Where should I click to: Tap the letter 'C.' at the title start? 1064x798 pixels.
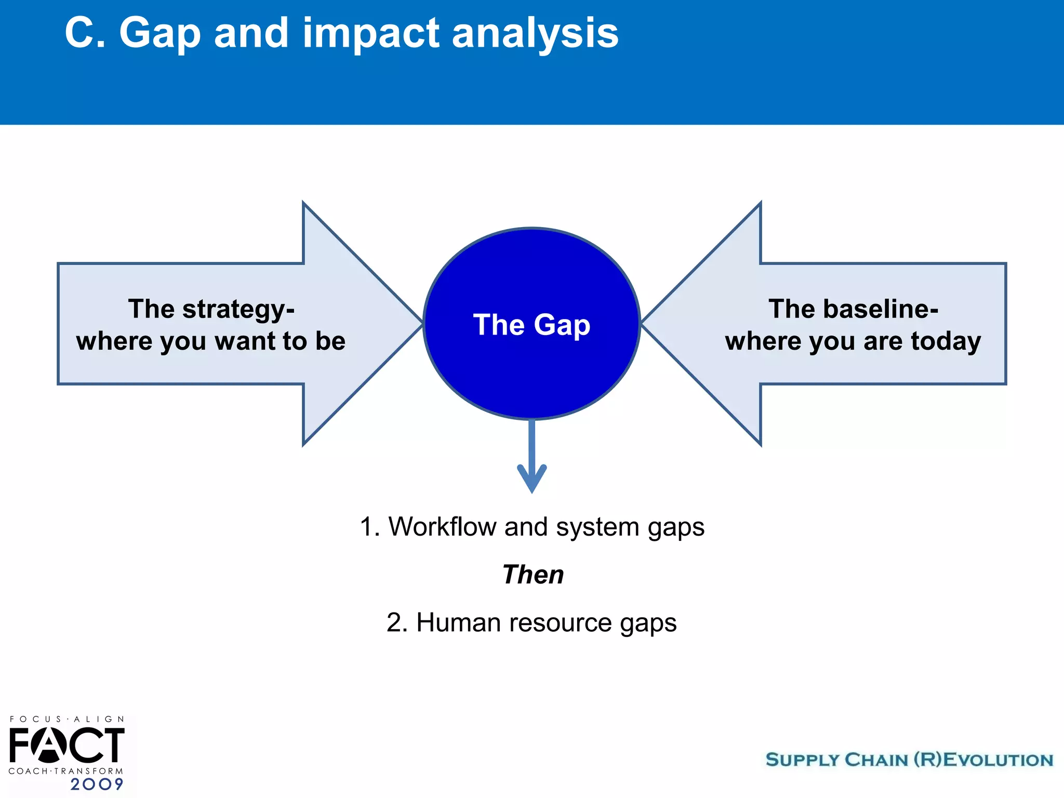[85, 33]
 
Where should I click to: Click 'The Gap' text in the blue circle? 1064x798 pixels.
[531, 325]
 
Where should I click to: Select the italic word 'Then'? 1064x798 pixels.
[533, 575]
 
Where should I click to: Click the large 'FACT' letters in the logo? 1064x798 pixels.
[66, 746]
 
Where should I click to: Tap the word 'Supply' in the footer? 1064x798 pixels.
[802, 760]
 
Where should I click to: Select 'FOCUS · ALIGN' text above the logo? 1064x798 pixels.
[66, 720]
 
